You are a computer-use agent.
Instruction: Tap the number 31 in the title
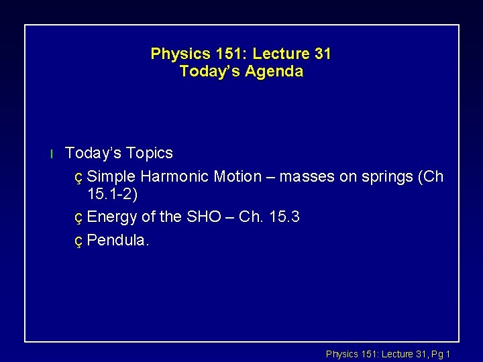(321, 54)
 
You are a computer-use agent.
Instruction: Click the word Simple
(111, 176)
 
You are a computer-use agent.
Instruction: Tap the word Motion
(238, 176)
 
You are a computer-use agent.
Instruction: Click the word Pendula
(119, 240)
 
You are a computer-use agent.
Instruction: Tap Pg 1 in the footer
(439, 353)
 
